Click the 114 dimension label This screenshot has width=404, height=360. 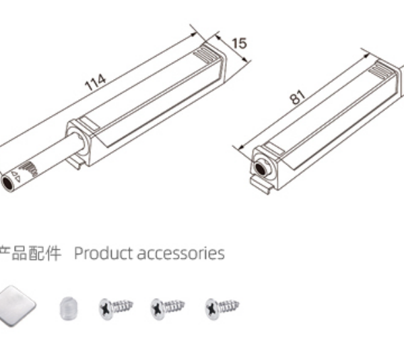(x=96, y=82)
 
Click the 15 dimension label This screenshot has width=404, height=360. (x=240, y=43)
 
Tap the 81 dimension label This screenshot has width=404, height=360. (x=298, y=97)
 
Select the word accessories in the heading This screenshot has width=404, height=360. (x=181, y=253)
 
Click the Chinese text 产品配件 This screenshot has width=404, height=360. (x=30, y=253)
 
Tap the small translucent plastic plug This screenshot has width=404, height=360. (x=69, y=308)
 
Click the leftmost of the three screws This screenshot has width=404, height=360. (x=116, y=308)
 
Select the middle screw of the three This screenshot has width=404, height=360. (x=168, y=308)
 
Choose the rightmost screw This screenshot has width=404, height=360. (x=222, y=308)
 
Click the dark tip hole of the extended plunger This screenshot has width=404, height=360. (x=7, y=183)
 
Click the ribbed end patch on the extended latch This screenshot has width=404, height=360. (x=207, y=55)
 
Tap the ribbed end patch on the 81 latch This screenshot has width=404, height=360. (x=381, y=69)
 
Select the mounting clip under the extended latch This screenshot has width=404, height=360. (x=75, y=162)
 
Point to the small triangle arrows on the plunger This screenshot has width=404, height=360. (x=16, y=176)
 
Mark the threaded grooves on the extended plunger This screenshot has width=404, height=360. (x=30, y=169)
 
